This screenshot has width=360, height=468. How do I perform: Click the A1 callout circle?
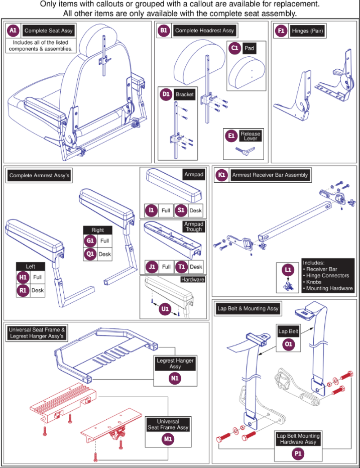(x=13, y=31)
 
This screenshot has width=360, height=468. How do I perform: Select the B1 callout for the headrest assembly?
(x=164, y=31)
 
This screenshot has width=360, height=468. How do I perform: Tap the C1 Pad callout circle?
(x=235, y=48)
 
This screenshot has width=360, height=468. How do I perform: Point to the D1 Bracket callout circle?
(x=166, y=94)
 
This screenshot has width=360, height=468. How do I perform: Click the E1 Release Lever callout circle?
(x=231, y=136)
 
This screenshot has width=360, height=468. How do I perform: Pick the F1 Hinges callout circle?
(x=281, y=31)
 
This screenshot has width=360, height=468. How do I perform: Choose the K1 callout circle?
(x=221, y=175)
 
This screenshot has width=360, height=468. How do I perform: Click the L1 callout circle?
(x=288, y=270)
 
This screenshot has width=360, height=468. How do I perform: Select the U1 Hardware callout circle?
(x=165, y=309)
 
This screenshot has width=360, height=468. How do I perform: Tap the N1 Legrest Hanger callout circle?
(x=175, y=378)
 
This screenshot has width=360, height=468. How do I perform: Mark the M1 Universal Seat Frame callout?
(x=168, y=439)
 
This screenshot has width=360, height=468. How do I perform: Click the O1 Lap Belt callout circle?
(x=288, y=344)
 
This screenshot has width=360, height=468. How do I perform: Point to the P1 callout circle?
(x=298, y=453)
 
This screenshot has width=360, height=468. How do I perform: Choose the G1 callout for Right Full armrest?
(x=90, y=241)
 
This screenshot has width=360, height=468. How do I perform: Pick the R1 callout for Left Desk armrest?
(x=23, y=290)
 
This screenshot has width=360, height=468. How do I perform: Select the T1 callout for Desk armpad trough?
(x=181, y=267)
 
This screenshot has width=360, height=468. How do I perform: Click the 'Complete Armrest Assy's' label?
(x=39, y=176)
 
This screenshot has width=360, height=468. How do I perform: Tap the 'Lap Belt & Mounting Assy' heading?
(x=248, y=309)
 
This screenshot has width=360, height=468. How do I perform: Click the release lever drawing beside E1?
(x=245, y=151)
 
